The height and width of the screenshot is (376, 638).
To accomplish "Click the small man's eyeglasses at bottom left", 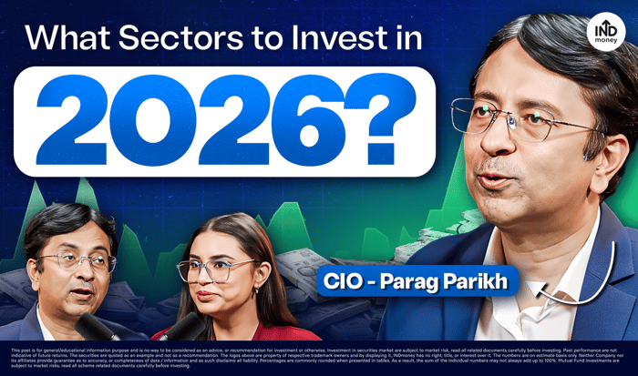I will tap(77, 261).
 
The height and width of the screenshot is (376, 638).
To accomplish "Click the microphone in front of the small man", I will tap(90, 326).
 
